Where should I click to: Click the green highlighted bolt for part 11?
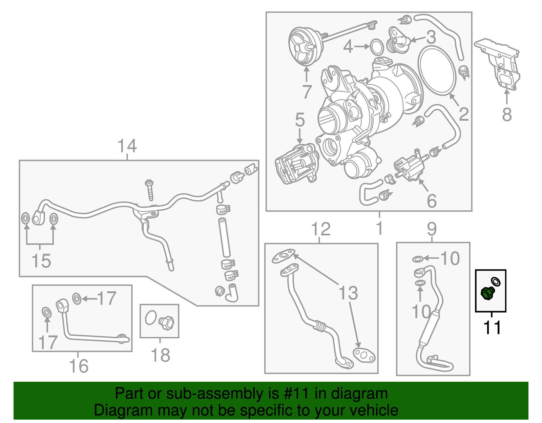click(487, 293)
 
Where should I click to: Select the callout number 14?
click(127, 146)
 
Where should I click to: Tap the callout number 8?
click(507, 114)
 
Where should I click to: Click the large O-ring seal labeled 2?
click(437, 71)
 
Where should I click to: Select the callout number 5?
click(300, 120)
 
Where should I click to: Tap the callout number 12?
click(320, 229)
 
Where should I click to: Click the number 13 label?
click(348, 293)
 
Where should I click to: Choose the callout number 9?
click(432, 229)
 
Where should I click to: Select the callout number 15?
click(41, 261)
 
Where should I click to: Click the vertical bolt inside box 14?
click(150, 190)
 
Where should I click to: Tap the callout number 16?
click(79, 366)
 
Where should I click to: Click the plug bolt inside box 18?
click(167, 322)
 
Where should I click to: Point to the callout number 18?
click(160, 355)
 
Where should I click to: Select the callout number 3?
click(431, 37)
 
